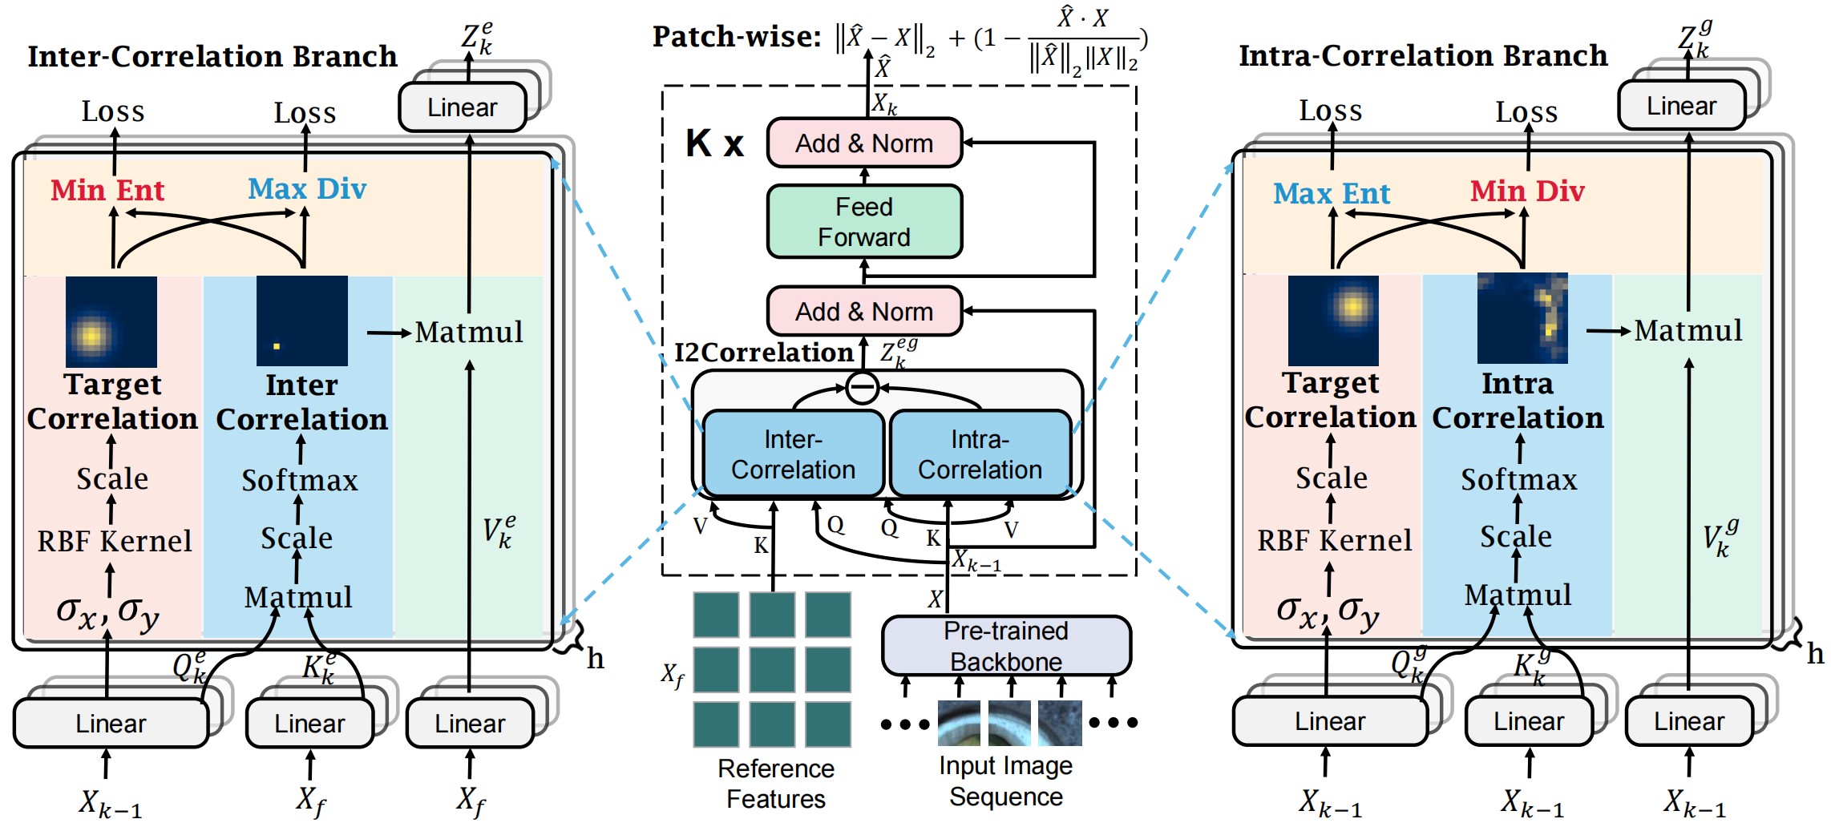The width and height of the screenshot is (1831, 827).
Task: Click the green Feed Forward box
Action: coord(864,222)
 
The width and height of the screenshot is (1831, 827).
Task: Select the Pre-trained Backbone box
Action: coord(1006,646)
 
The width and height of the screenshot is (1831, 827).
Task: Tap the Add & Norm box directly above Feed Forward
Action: coord(864,143)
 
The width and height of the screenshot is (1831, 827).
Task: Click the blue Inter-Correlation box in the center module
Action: coord(793,454)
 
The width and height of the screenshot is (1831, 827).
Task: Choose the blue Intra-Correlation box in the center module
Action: coord(980,454)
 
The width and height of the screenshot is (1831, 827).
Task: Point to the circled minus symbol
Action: coord(862,388)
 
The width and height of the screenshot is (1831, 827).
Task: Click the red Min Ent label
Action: coord(107,191)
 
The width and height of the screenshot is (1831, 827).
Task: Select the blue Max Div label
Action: coord(307,189)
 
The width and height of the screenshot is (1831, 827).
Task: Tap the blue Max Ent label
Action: coord(1332,194)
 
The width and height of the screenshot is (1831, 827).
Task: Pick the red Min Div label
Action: coord(1527,192)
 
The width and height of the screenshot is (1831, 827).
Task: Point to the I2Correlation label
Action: coord(763,353)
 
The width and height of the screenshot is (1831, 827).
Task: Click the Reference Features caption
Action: coord(775,784)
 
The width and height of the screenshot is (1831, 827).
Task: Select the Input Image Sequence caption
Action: coord(1005,781)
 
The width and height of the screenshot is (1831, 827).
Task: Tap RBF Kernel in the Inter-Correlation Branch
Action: coord(115,542)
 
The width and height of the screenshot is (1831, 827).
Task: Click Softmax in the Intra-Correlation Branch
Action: coord(1518,480)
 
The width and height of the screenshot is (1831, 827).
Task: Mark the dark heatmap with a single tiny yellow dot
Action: coord(302,321)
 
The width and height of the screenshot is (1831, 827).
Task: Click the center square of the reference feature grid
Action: coord(772,669)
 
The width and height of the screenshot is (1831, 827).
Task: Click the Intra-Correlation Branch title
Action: coord(1423,56)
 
